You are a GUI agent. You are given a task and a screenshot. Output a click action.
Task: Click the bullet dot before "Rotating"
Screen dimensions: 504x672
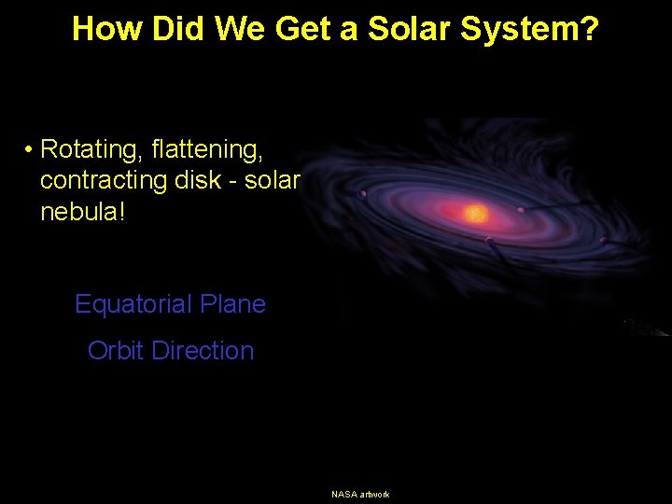(30, 149)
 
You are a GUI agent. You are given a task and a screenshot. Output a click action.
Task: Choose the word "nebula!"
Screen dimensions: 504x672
(81, 212)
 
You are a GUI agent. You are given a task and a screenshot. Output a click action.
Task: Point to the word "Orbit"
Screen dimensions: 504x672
(116, 351)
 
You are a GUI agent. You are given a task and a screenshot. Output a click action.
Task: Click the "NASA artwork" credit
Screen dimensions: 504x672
(360, 494)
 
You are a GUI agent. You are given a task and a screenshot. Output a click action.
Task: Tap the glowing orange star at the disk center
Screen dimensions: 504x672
(476, 214)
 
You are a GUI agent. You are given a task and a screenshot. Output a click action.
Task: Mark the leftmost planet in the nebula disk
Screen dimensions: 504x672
(364, 195)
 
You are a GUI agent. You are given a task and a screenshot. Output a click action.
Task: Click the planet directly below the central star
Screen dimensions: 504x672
(488, 241)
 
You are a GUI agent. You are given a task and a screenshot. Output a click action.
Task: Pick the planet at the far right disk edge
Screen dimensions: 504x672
(603, 240)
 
